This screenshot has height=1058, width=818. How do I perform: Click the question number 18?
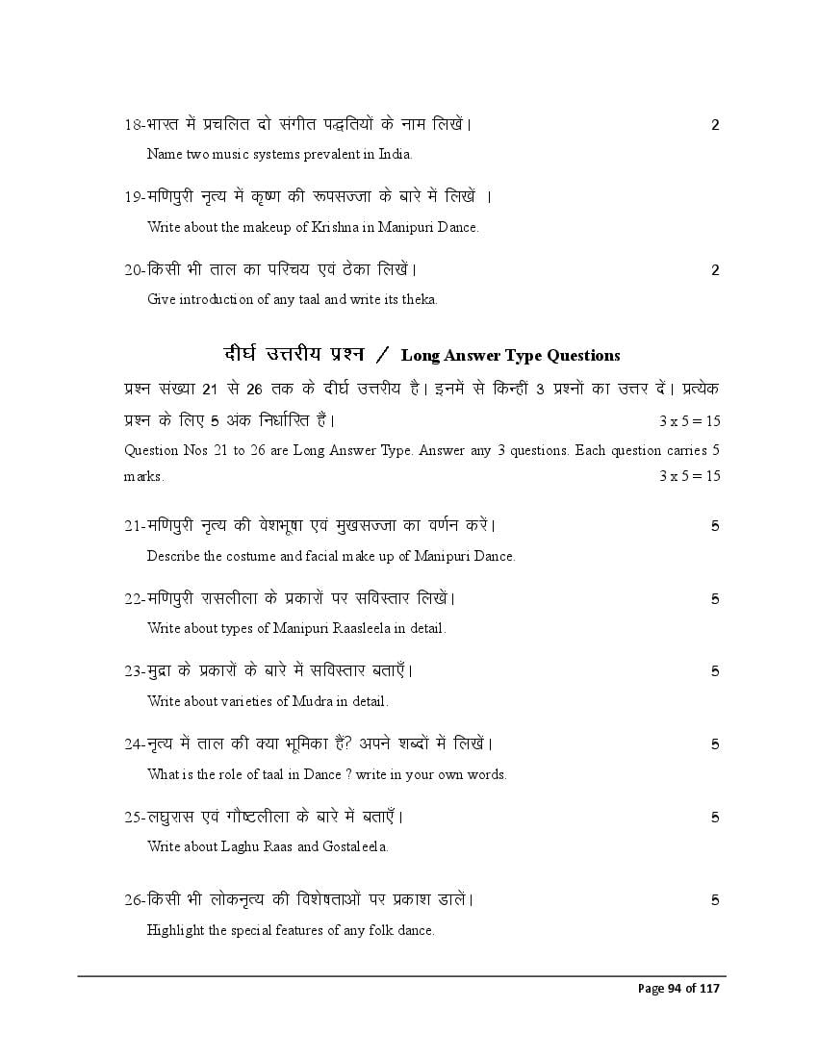(133, 124)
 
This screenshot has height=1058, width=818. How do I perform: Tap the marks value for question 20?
(715, 270)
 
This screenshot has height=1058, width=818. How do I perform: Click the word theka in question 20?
(418, 299)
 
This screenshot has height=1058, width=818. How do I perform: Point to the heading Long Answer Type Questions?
(510, 356)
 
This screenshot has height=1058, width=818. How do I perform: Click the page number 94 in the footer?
(675, 989)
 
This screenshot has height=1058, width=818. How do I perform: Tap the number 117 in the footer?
(710, 989)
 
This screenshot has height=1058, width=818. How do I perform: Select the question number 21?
(133, 525)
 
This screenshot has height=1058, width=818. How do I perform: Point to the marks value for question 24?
(715, 744)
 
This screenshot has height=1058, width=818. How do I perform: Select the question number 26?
(133, 900)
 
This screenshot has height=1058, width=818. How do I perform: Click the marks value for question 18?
(715, 124)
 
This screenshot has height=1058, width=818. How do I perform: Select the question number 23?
(133, 670)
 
